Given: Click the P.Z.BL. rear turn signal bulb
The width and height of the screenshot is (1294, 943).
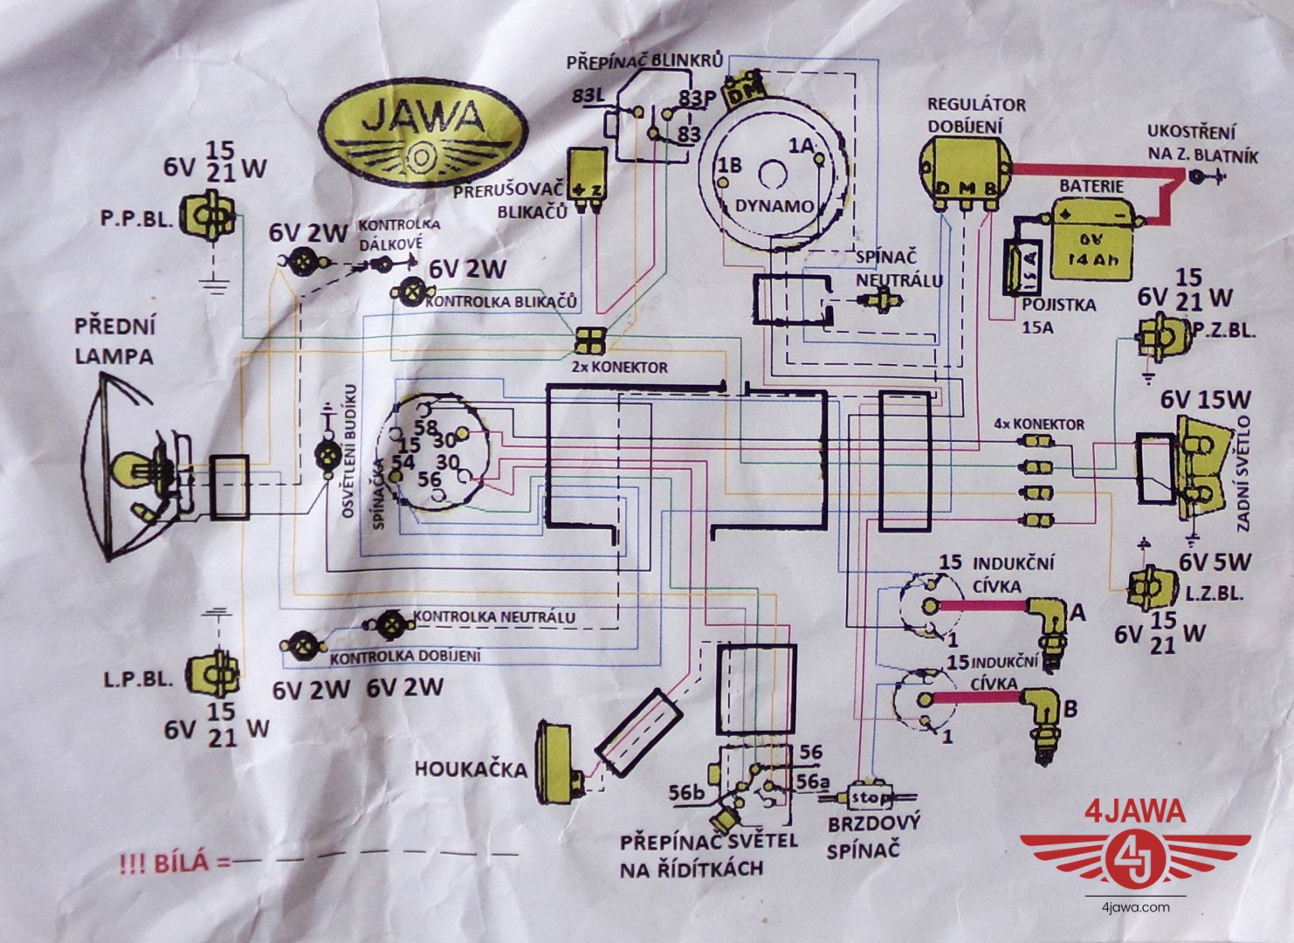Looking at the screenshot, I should click(1158, 334).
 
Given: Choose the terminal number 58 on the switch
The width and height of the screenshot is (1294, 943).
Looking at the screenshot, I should click(425, 428).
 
